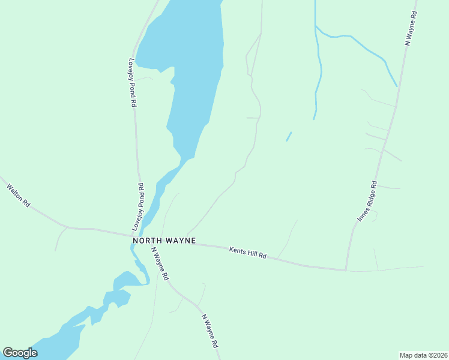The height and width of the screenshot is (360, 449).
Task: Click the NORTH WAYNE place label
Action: click(x=164, y=240)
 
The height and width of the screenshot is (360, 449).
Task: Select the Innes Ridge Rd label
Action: click(x=367, y=201)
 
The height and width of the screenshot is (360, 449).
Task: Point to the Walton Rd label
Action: click(x=18, y=195)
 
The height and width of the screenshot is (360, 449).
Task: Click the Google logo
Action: click(x=20, y=353)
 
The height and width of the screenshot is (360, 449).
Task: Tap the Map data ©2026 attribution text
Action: click(x=423, y=355)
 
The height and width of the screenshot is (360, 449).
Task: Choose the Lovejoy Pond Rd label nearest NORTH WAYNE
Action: click(x=138, y=207)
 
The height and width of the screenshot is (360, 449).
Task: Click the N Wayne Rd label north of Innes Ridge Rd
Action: click(x=411, y=28)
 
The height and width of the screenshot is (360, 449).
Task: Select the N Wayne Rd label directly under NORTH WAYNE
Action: click(x=160, y=264)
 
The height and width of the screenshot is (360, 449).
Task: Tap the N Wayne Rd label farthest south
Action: click(x=210, y=332)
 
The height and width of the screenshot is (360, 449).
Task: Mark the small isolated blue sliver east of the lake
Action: click(x=289, y=137)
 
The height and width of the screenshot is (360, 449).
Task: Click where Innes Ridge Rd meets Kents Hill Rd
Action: click(x=346, y=270)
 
